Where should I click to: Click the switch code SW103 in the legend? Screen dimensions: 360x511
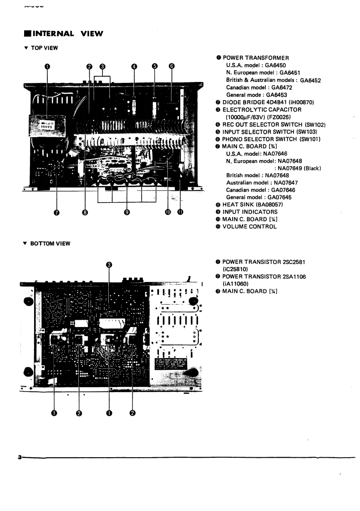pyautogui.click(x=311, y=131)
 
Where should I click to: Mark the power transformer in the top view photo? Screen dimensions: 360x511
pyautogui.click(x=46, y=123)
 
